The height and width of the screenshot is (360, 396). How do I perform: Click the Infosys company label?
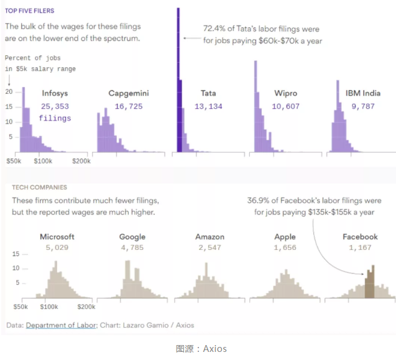[x=55, y=93]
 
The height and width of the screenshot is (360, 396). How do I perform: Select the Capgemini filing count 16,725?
[x=129, y=106]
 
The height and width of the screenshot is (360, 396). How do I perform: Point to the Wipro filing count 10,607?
[x=285, y=106]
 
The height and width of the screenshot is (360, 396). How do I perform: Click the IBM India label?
[x=363, y=93]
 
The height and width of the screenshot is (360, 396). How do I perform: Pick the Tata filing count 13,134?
[x=208, y=106]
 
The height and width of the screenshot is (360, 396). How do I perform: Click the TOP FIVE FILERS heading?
[x=29, y=11]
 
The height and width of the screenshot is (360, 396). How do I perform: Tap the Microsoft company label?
[x=57, y=237]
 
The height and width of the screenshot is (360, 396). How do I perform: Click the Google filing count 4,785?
[x=132, y=247]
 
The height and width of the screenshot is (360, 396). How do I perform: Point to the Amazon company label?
[x=209, y=237]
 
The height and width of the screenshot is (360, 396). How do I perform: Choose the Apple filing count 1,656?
[x=285, y=247]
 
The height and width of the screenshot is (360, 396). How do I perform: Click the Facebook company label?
[x=360, y=237]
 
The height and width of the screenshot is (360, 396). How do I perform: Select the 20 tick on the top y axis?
[x=9, y=91]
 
